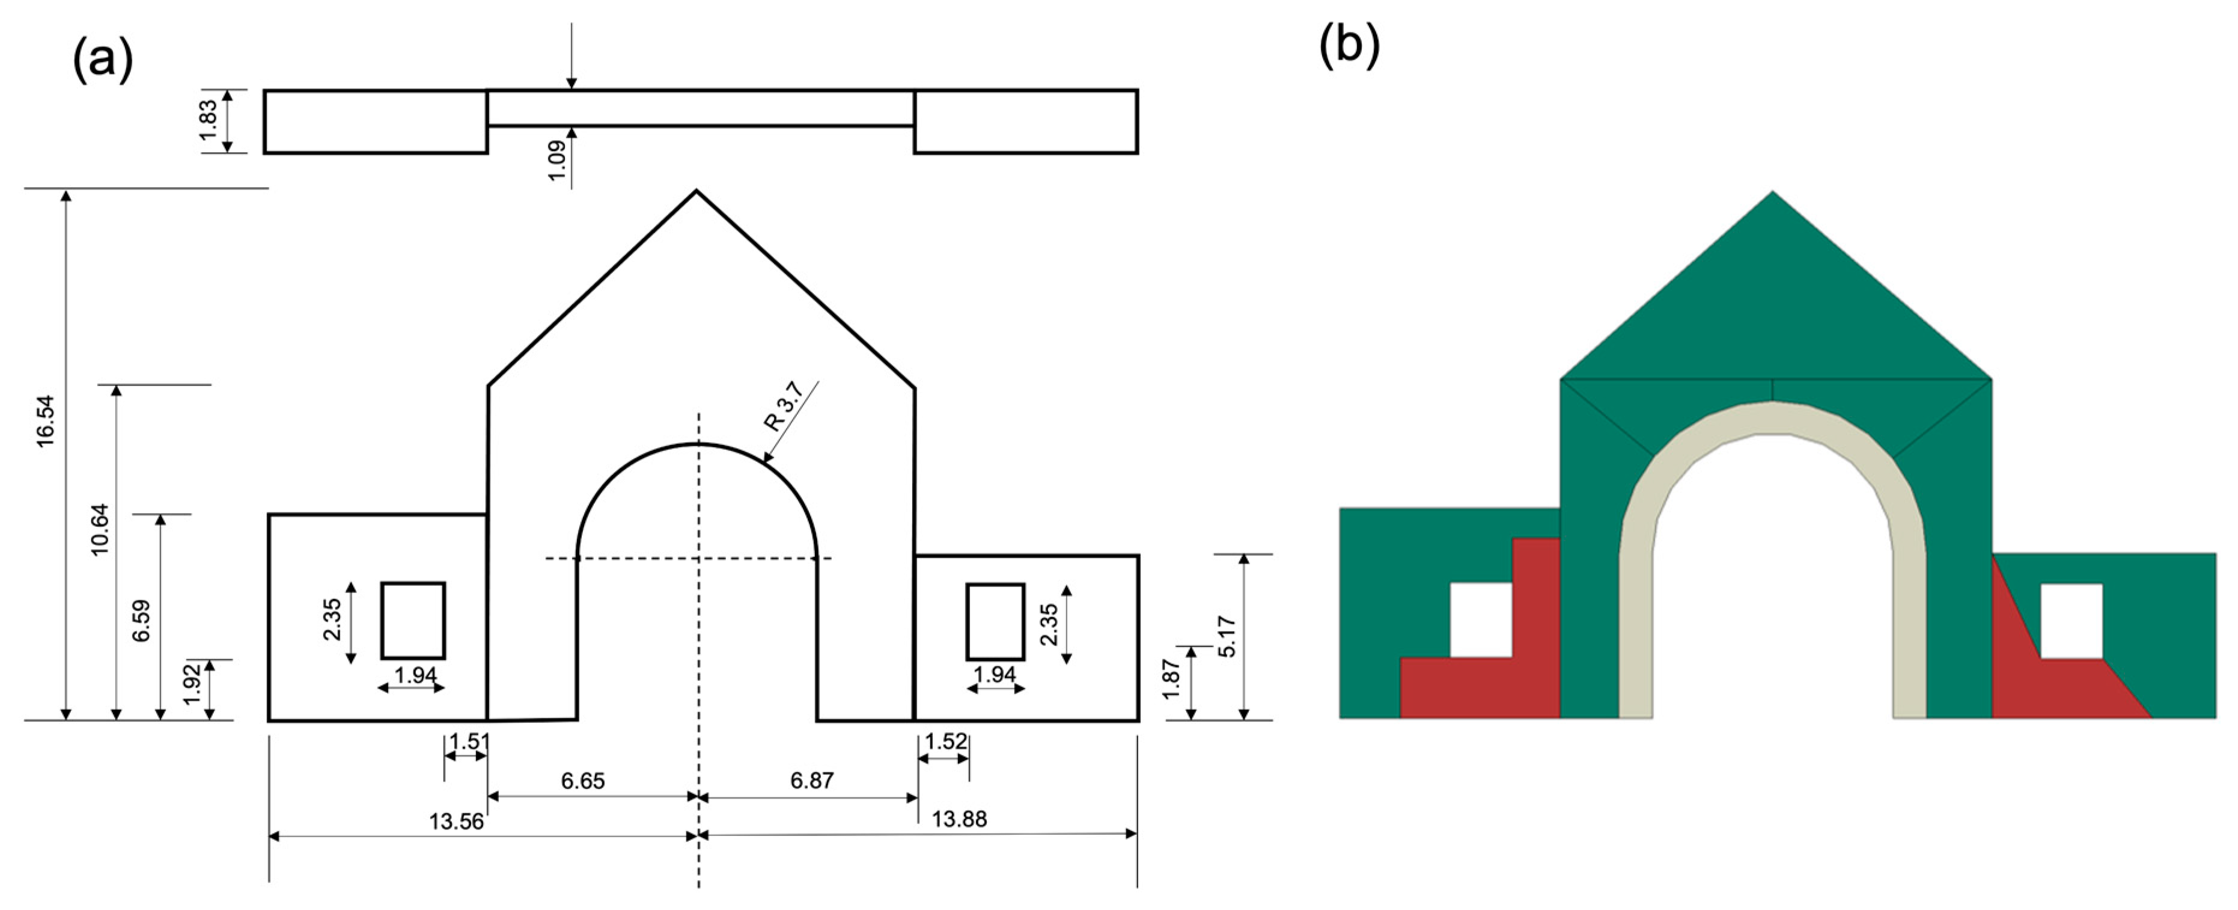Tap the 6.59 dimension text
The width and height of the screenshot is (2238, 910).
pos(142,621)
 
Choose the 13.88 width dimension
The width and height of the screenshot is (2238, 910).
pos(959,819)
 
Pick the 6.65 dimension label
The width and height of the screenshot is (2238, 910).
pos(582,781)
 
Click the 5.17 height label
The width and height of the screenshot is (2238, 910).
pos(1226,636)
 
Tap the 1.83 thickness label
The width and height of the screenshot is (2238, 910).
pos(209,120)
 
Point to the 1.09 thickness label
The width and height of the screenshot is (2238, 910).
pos(557,160)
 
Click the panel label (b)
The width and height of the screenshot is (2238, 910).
pos(1349,45)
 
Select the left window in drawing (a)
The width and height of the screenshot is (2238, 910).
pos(413,621)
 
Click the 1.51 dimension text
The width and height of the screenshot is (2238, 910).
pos(468,742)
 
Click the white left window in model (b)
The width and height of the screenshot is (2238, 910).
pos(1480,619)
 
